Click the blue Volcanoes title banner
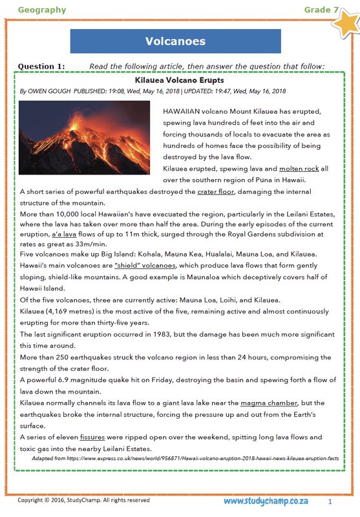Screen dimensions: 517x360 coord(175,41)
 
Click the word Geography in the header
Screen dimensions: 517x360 coord(42,10)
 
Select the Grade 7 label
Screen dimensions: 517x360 coord(321,10)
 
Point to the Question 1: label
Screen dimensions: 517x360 coord(41,66)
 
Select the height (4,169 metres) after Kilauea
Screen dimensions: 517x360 coord(74,312)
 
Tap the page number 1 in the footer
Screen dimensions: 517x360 coord(330,501)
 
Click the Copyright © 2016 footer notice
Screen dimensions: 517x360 coord(83,501)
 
